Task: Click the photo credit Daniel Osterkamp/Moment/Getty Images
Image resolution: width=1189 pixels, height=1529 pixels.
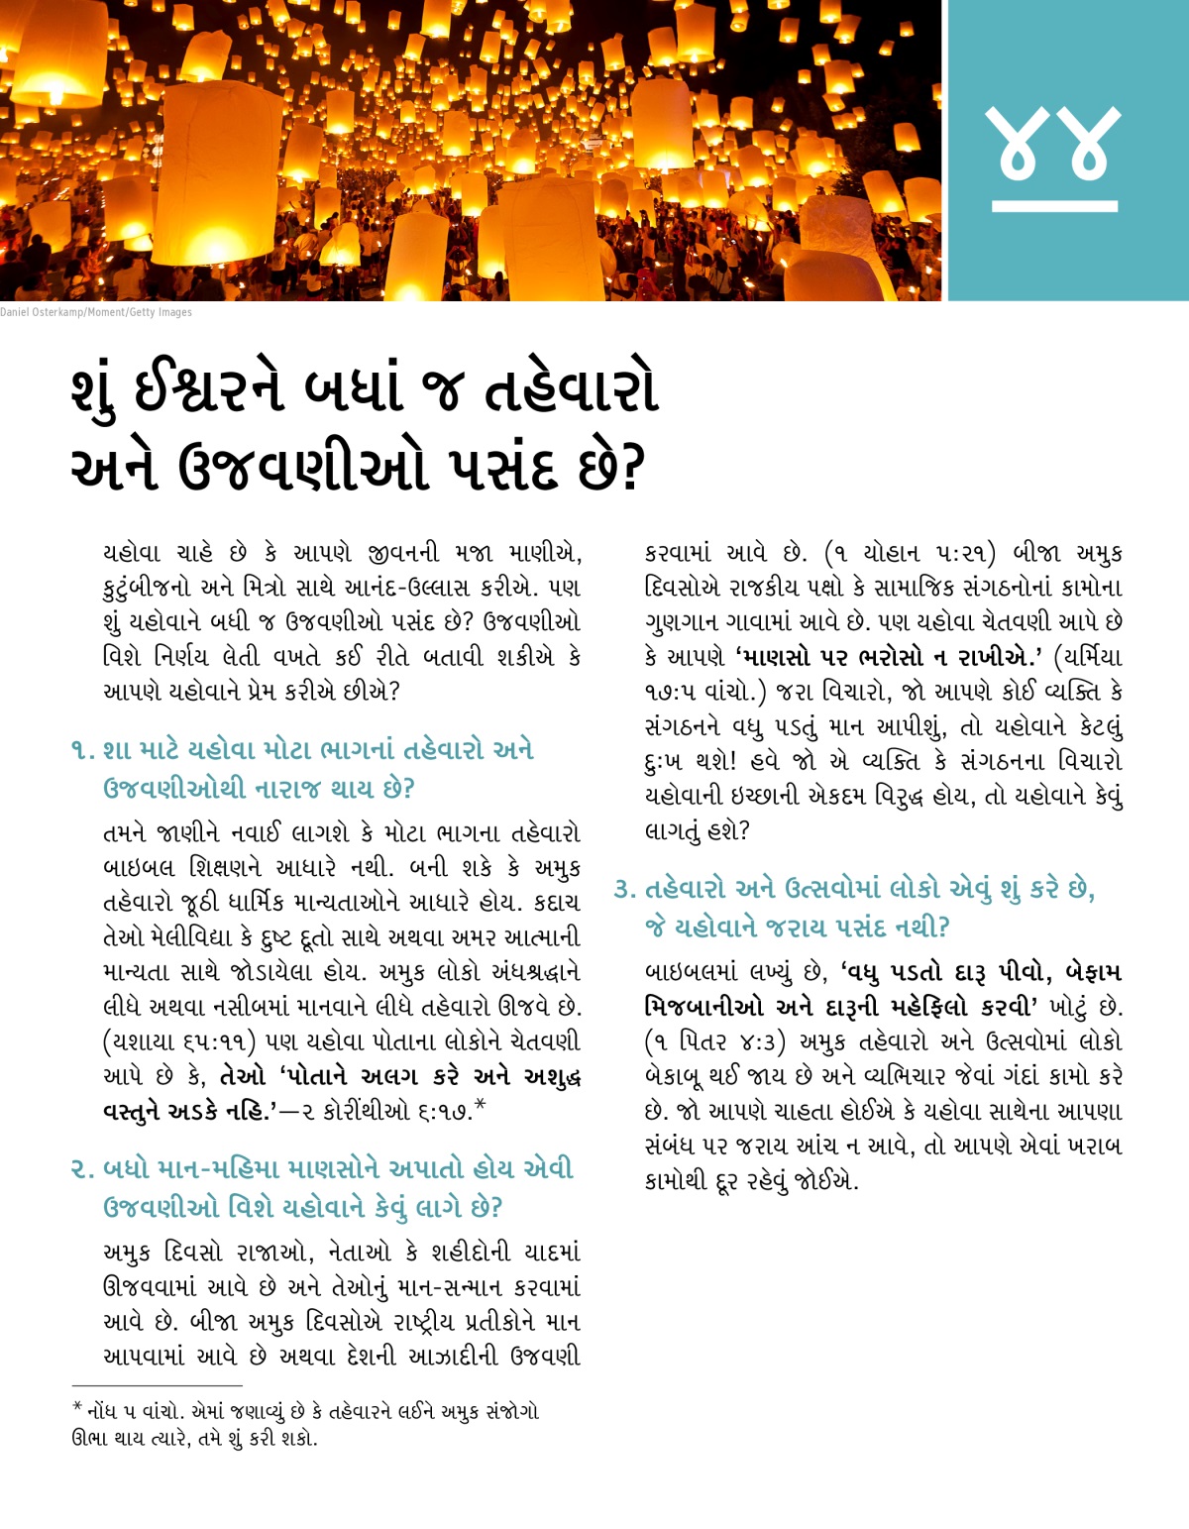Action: point(96,312)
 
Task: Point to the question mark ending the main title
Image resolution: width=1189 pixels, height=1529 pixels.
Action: point(632,467)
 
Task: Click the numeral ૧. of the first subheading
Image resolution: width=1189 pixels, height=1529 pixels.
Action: point(82,750)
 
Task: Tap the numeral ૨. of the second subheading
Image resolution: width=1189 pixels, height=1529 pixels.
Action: point(82,1169)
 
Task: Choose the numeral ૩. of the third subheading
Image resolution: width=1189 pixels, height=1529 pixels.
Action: point(624,889)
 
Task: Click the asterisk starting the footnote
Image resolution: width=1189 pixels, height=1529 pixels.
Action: point(77,1408)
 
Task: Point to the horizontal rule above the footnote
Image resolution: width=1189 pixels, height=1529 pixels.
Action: point(157,1385)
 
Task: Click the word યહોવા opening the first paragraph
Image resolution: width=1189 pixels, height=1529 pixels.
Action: point(132,553)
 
